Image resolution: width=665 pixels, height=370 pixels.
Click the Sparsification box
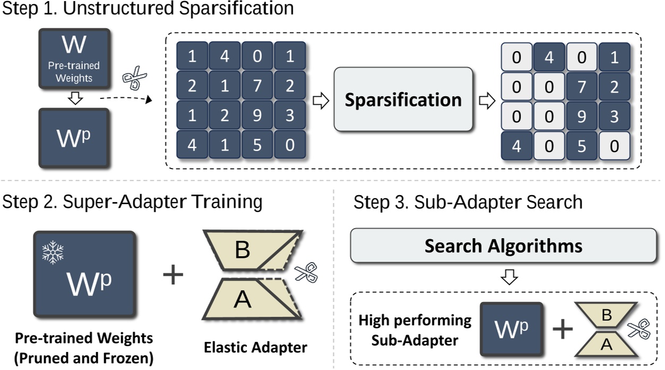click(403, 99)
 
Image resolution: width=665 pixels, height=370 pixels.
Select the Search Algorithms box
click(503, 246)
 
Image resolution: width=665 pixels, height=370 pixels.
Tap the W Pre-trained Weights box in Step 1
click(74, 58)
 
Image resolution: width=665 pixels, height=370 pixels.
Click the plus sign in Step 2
click(173, 276)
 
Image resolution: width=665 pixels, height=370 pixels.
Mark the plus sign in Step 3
click(563, 330)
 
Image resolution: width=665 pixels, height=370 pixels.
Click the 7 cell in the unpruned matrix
click(257, 86)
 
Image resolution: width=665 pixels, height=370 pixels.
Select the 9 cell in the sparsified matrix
click(582, 116)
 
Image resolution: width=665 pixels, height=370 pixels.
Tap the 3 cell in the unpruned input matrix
click(289, 116)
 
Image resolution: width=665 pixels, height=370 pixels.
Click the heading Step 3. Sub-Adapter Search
click(467, 203)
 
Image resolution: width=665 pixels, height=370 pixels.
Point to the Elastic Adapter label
click(255, 348)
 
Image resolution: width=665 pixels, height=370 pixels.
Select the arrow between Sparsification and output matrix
click(487, 101)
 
